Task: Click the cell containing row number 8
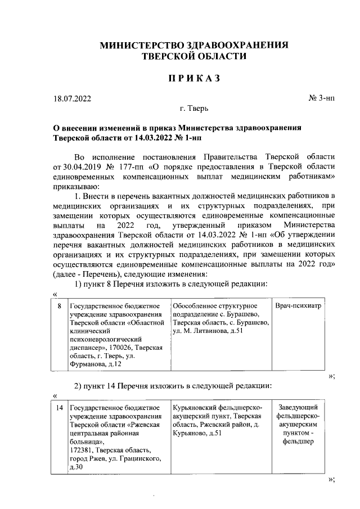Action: tap(60, 306)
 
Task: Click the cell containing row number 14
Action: tap(60, 407)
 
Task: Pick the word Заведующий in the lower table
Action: tap(300, 407)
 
